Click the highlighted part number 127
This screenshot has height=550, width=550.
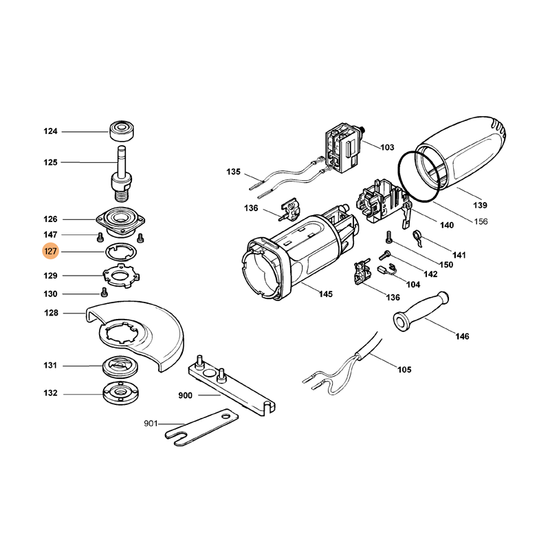click(50, 252)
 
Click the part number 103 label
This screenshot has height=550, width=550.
click(387, 147)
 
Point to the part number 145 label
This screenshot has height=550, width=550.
click(325, 294)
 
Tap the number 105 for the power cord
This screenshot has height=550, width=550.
click(404, 370)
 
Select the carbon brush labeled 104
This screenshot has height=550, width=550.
click(385, 269)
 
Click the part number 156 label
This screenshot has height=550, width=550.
click(481, 221)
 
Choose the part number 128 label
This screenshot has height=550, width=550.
click(50, 313)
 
